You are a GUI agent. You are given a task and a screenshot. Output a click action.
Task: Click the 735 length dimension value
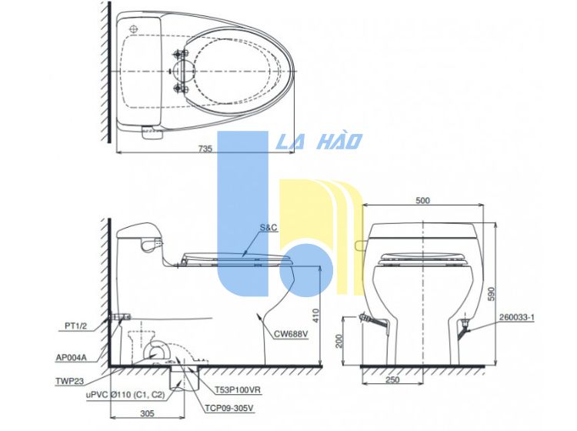(205, 149)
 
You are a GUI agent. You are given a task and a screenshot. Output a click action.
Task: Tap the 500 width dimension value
(422, 201)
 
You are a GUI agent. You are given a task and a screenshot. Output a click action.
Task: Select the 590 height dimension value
(492, 294)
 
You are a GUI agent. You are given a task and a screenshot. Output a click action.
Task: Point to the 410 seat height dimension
(316, 316)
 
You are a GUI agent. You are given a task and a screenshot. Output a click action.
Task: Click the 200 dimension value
(339, 341)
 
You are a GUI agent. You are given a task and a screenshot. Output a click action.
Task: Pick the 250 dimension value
(392, 380)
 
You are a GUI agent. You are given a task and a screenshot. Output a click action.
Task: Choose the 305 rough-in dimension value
(147, 414)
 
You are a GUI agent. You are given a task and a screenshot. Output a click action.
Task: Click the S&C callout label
(268, 228)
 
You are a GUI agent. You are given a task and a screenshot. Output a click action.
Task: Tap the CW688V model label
(291, 334)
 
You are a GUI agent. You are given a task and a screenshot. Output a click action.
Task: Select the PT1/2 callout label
(76, 326)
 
